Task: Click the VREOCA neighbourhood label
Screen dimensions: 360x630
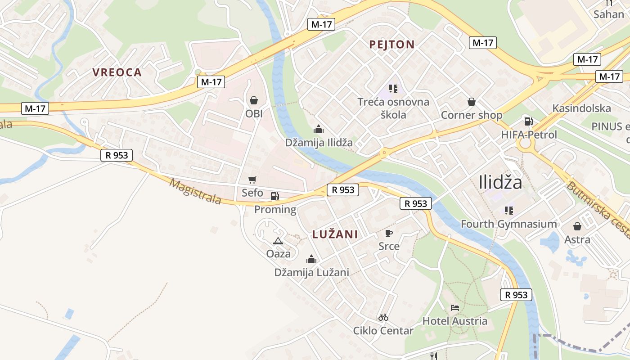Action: click(x=117, y=72)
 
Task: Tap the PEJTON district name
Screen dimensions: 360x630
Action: click(x=391, y=45)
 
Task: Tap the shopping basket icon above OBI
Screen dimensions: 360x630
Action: click(x=254, y=100)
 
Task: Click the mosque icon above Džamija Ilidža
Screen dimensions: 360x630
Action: click(x=319, y=129)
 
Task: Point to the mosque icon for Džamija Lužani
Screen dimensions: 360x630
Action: click(x=311, y=259)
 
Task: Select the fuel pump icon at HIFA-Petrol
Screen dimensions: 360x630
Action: click(x=529, y=121)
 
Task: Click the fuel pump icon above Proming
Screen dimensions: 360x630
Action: click(x=274, y=196)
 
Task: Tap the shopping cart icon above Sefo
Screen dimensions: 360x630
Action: click(x=252, y=180)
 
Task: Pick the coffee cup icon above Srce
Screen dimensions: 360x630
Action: click(x=389, y=233)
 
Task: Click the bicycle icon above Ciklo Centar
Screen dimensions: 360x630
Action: click(x=383, y=317)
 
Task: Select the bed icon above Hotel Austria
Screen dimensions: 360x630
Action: click(x=455, y=308)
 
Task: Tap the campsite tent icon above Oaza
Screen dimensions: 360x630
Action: click(x=278, y=241)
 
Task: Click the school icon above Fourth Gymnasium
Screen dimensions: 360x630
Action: click(x=509, y=210)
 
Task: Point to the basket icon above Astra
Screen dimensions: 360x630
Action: click(x=577, y=226)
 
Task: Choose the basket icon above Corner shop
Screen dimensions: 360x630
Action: click(x=472, y=102)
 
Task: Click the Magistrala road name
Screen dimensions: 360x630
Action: click(x=195, y=191)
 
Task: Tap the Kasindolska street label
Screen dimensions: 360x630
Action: click(x=581, y=108)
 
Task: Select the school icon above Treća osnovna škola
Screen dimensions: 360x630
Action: click(x=393, y=89)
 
